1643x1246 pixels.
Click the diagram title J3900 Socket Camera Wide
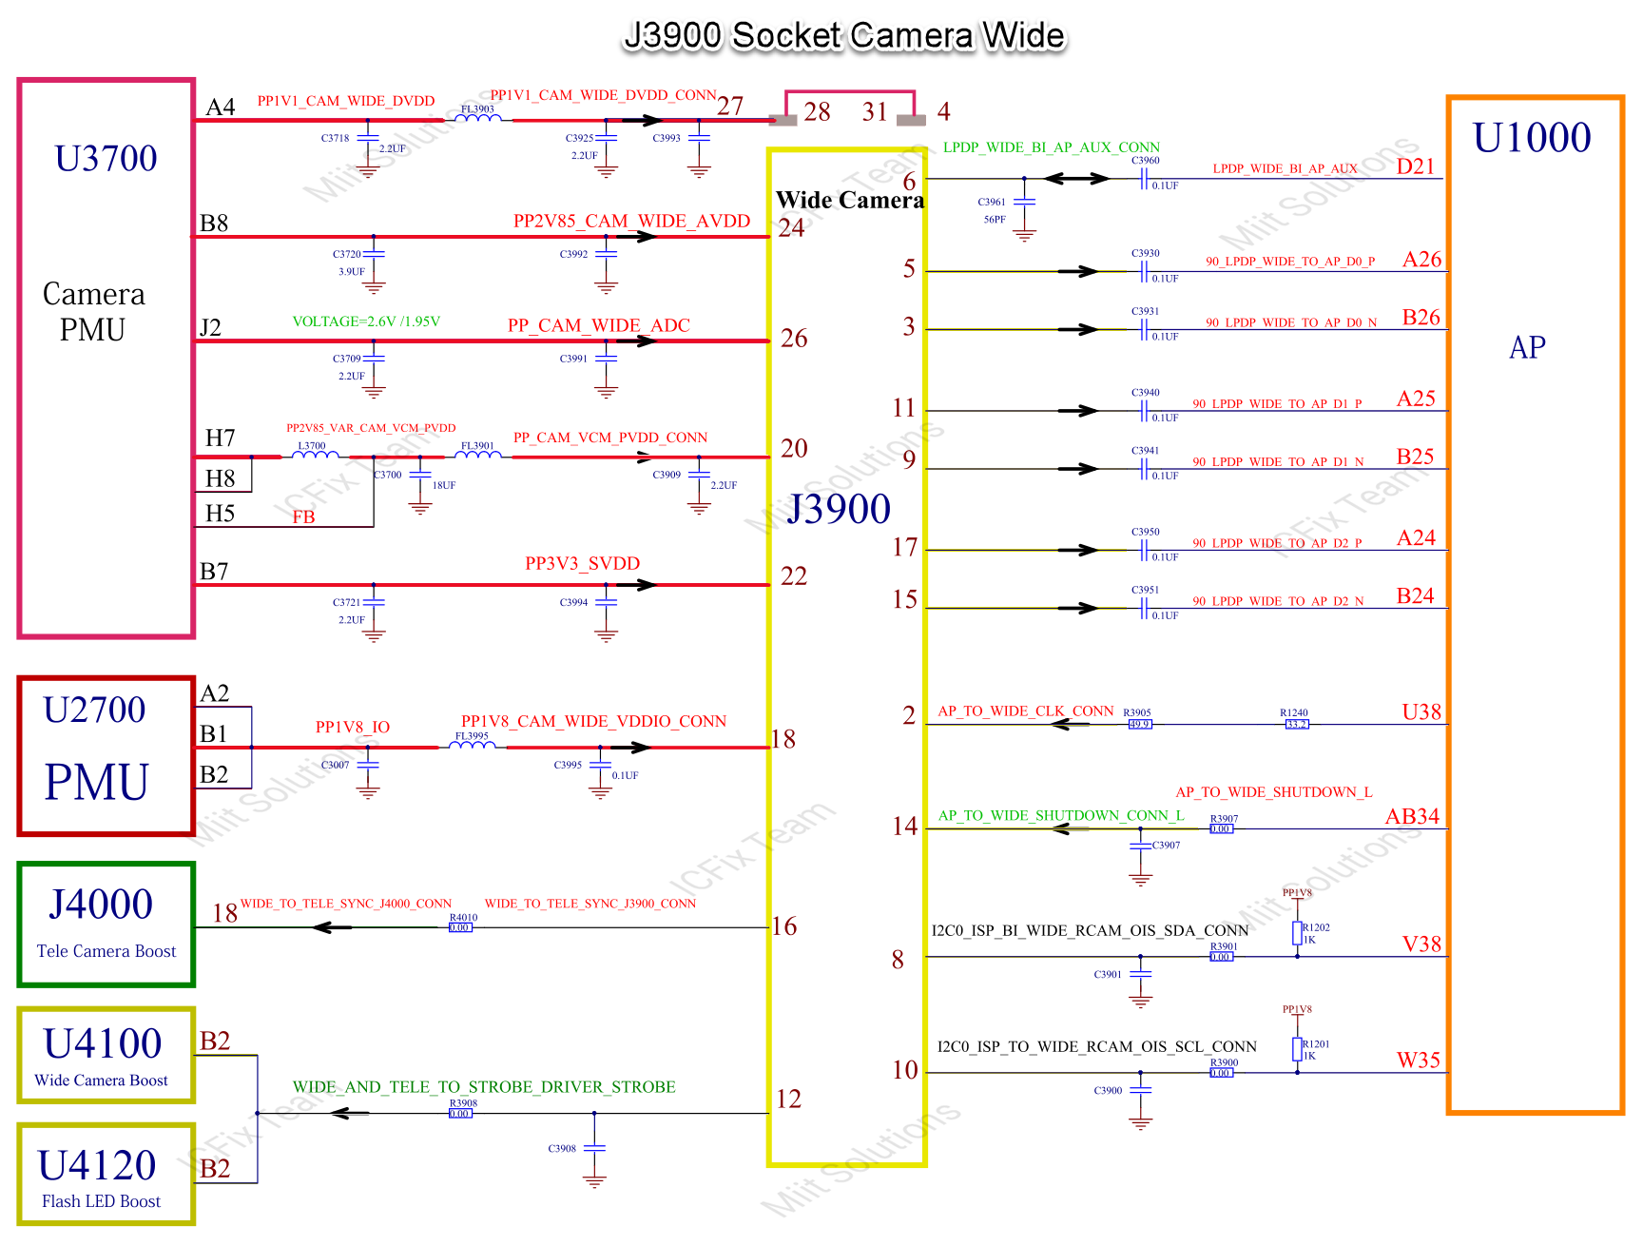tap(844, 36)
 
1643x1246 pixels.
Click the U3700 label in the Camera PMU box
tap(106, 159)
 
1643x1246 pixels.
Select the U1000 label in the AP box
tap(1531, 138)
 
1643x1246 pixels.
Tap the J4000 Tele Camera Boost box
tap(106, 925)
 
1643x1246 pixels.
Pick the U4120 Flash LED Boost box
tap(106, 1176)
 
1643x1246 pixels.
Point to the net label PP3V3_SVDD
tap(582, 564)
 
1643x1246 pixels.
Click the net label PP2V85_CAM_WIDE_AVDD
tap(631, 222)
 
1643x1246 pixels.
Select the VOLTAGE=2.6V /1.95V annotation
tap(366, 321)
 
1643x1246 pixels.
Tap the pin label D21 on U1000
tap(1415, 166)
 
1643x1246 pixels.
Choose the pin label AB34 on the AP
tap(1412, 816)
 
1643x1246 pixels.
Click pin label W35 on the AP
tap(1418, 1060)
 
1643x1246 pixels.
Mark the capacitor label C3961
tap(991, 202)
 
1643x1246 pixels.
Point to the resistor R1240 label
tap(1293, 712)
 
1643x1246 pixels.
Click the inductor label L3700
tap(311, 445)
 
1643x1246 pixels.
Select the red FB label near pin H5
tap(303, 517)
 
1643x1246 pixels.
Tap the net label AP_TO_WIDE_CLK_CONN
tap(1025, 711)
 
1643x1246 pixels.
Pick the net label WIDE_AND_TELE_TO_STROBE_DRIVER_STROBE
tap(484, 1087)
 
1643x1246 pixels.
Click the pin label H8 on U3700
tap(220, 478)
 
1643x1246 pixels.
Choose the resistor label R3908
tap(463, 1103)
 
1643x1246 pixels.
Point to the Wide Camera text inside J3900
tap(849, 201)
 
